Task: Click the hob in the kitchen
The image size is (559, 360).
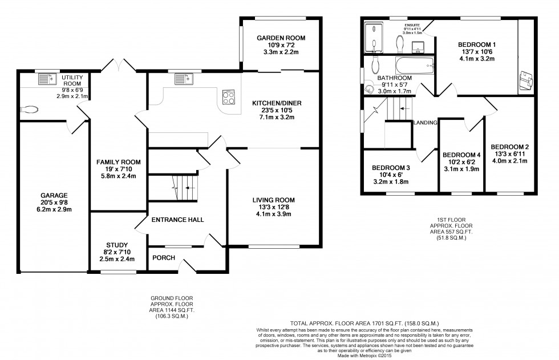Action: pos(228,98)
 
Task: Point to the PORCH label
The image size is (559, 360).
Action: pos(163,257)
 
